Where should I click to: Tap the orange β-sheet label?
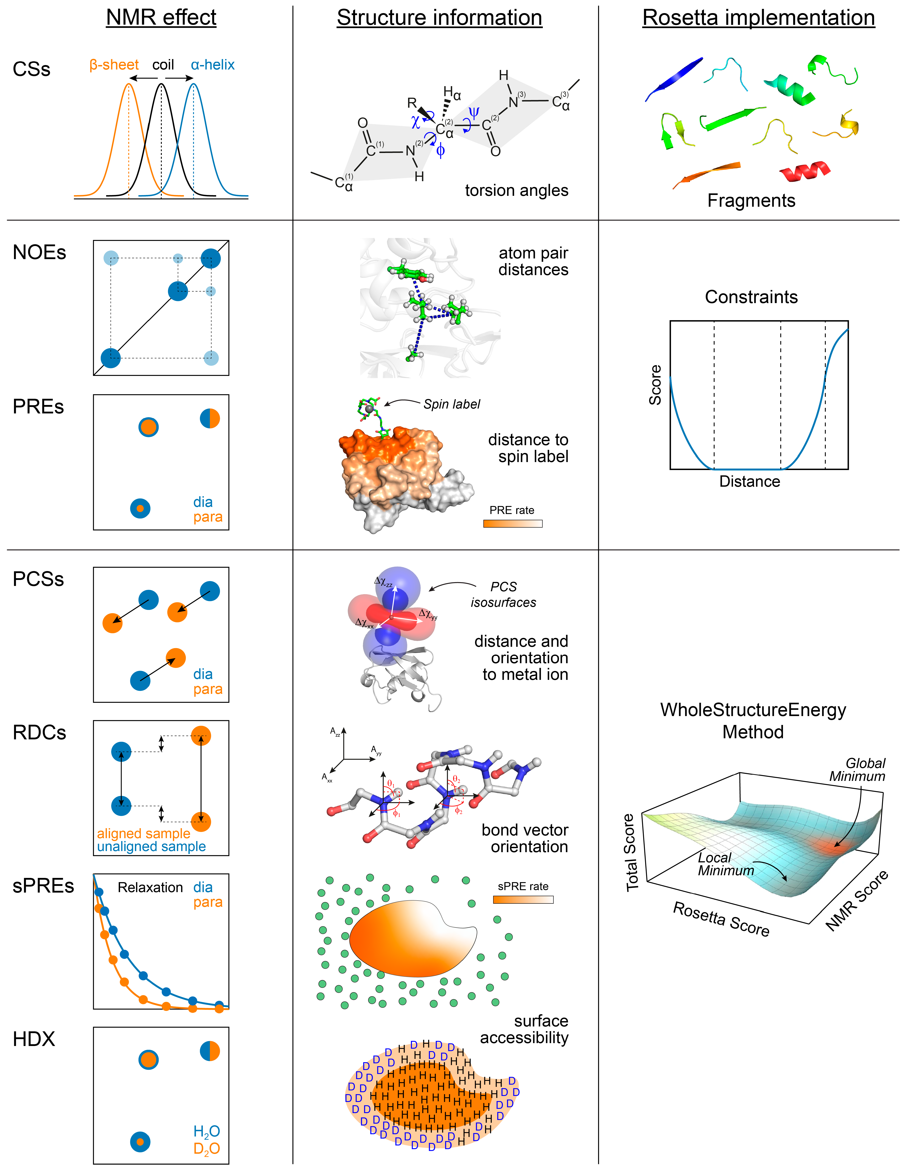pos(114,65)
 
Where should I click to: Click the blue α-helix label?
pos(212,65)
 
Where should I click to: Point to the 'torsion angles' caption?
pos(516,191)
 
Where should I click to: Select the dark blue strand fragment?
pos(674,79)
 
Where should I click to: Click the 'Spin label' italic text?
pos(452,404)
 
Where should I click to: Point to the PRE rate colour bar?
pos(513,524)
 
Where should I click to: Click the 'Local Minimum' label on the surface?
pos(725,864)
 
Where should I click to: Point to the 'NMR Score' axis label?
pos(856,900)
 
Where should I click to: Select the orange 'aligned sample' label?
pos(143,833)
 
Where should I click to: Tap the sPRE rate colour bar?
pos(523,900)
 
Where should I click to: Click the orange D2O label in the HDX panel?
pos(207,1149)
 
